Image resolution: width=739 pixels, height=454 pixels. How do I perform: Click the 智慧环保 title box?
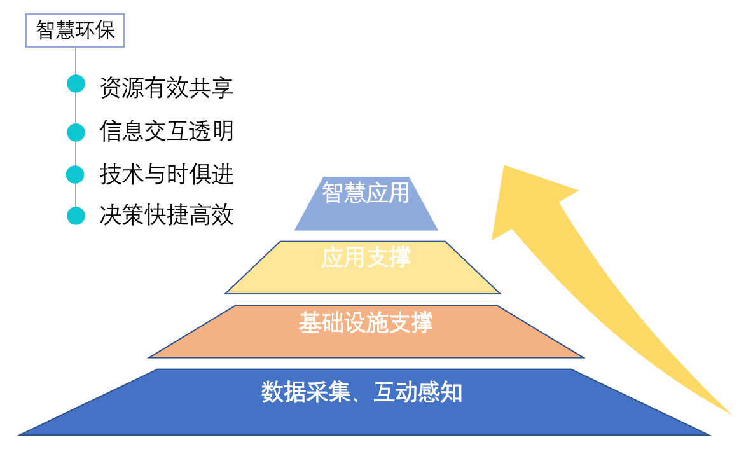[x=75, y=31]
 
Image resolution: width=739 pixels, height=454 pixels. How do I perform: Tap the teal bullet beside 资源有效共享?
[x=76, y=84]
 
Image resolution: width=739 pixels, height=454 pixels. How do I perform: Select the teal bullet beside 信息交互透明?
[x=76, y=132]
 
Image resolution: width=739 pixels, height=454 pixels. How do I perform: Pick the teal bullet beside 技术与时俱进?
[x=76, y=174]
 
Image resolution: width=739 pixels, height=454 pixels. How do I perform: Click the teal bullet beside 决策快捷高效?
[x=76, y=216]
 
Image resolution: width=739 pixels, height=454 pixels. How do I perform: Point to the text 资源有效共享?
[x=167, y=88]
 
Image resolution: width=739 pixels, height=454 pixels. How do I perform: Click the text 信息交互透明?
[x=167, y=131]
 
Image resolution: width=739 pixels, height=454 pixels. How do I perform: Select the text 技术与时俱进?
[x=167, y=174]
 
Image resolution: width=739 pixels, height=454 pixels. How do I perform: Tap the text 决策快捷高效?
[x=167, y=216]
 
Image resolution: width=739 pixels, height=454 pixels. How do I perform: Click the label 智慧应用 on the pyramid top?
[x=366, y=192]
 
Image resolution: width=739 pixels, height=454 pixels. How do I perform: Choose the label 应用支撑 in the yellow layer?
[x=366, y=258]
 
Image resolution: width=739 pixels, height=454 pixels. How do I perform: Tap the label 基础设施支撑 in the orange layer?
[x=366, y=322]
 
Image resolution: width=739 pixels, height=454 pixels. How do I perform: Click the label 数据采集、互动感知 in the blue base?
[x=362, y=392]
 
